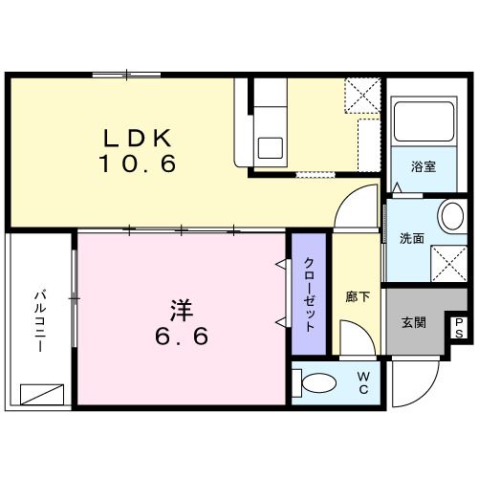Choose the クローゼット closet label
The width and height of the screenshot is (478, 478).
point(310,294)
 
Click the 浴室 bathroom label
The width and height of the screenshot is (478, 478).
point(424,166)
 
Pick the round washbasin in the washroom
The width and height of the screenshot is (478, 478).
point(449,214)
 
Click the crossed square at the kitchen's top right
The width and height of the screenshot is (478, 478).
point(363,94)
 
